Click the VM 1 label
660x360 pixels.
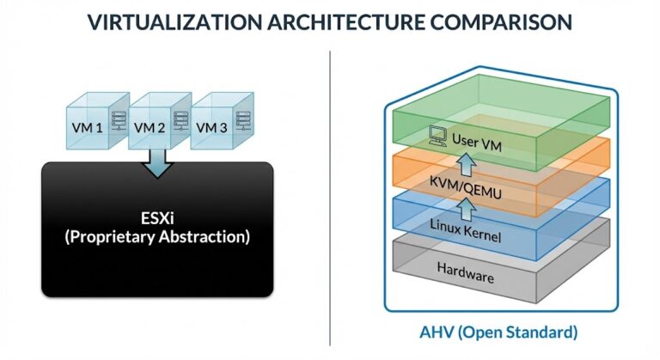[86, 127]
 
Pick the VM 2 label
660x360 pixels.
[150, 127]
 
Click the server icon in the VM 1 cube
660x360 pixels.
[119, 125]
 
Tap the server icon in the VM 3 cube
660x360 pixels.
[244, 125]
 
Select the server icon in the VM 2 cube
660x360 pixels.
[181, 125]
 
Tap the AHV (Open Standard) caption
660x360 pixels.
[499, 331]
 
